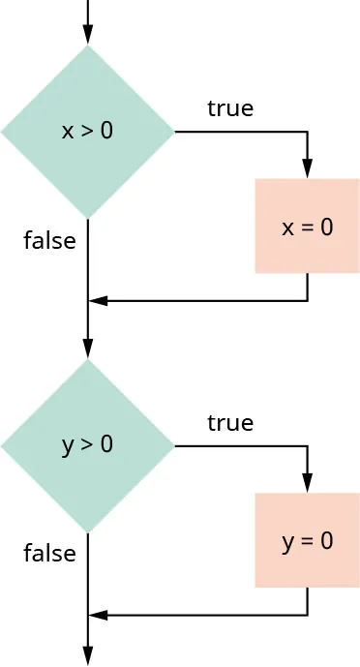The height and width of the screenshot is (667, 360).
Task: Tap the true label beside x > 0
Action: (x=230, y=108)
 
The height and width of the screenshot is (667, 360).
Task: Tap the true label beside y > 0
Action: (x=230, y=423)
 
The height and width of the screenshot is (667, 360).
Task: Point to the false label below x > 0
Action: (x=49, y=240)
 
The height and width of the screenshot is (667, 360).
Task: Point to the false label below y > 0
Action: (x=49, y=554)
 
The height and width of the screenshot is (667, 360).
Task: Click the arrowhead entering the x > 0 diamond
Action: (x=88, y=36)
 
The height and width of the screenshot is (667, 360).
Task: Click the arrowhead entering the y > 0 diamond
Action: (x=88, y=349)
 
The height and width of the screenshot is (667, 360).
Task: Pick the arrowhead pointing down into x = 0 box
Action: (x=308, y=169)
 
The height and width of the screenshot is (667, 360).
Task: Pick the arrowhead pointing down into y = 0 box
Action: (x=308, y=484)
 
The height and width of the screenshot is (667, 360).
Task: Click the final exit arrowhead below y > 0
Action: (x=88, y=657)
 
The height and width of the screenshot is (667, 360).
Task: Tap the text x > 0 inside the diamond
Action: (x=88, y=131)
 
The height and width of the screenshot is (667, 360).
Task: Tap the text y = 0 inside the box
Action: (x=307, y=541)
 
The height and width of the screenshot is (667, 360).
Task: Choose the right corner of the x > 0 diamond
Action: (x=172, y=131)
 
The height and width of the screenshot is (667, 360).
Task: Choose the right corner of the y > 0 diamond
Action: (x=172, y=445)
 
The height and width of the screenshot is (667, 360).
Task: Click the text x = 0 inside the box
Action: (x=307, y=227)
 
